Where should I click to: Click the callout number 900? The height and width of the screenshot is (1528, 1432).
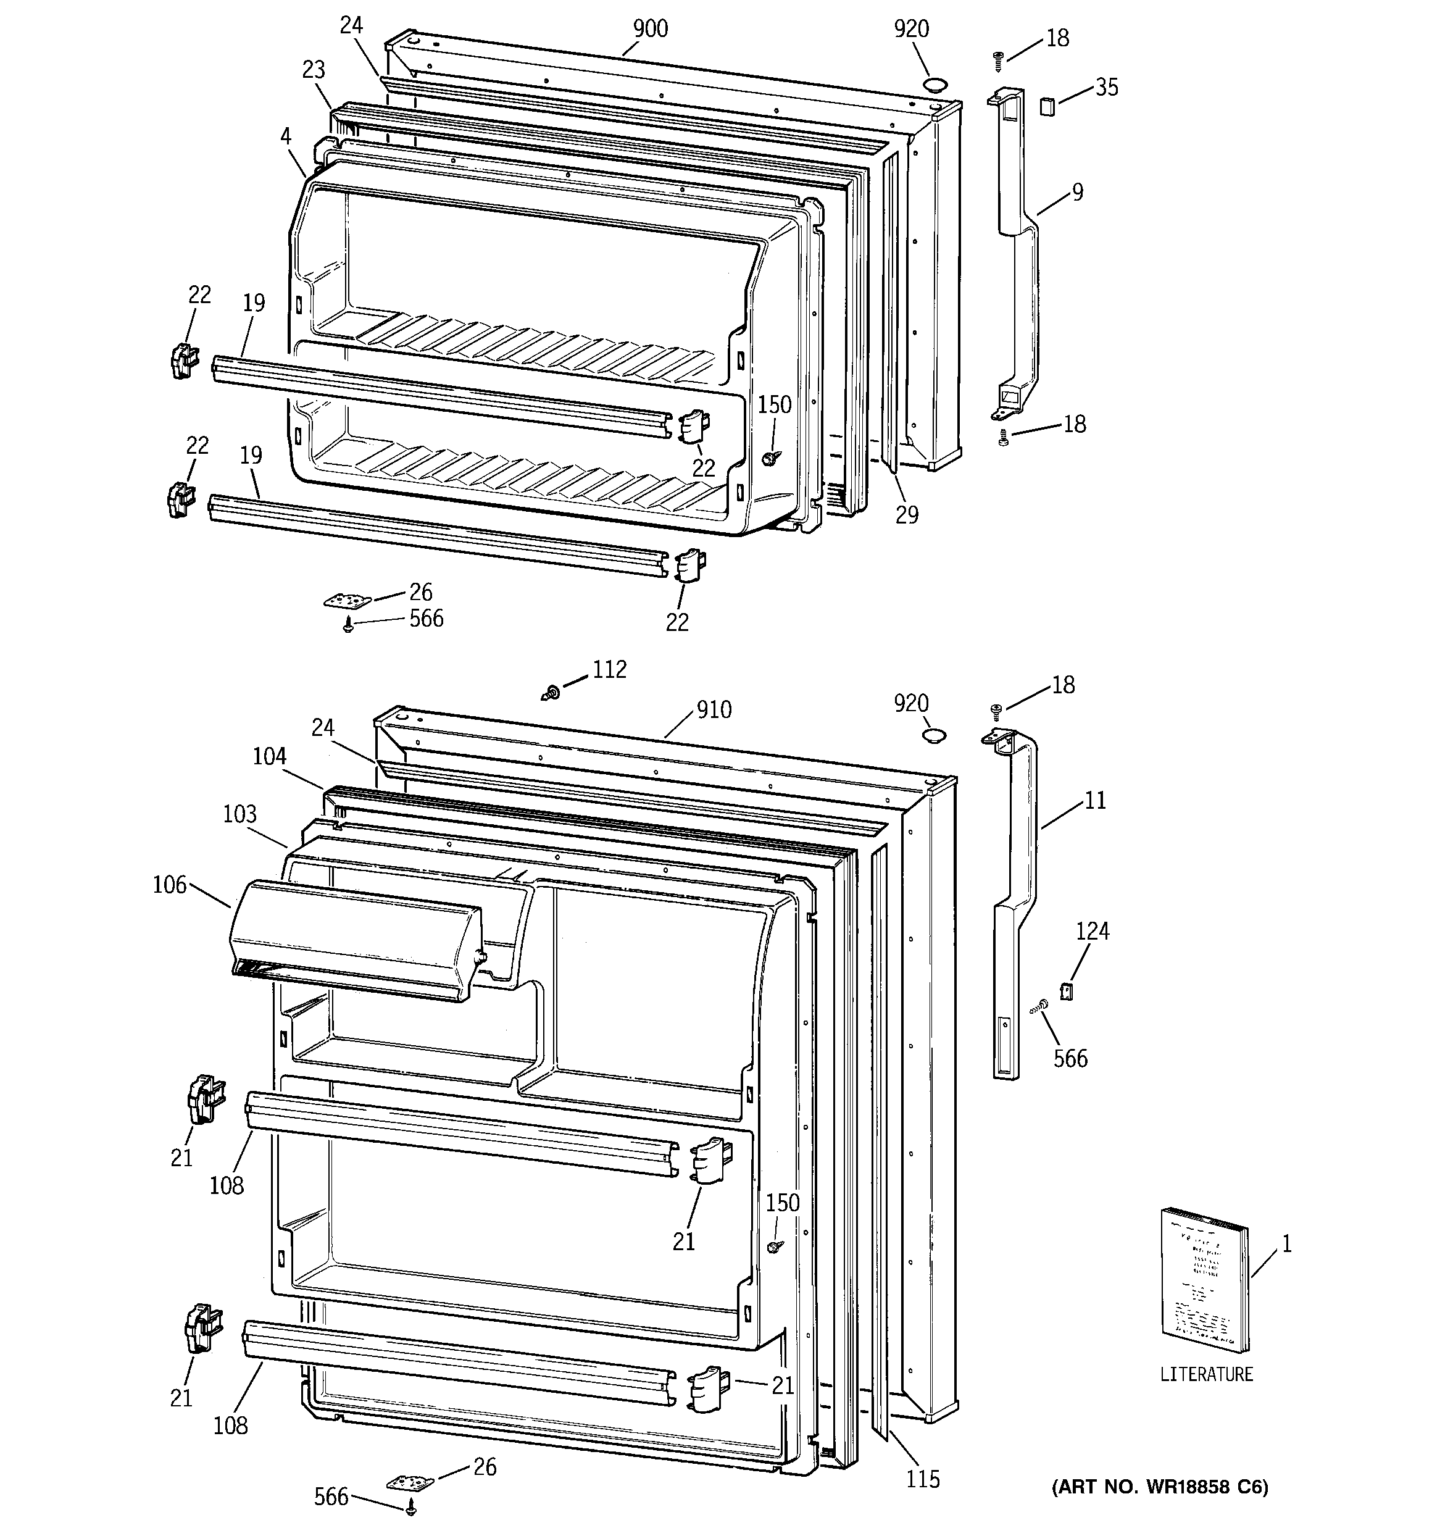click(651, 29)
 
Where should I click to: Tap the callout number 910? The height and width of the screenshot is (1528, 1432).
click(714, 709)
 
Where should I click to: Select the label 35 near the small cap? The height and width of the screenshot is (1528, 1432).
click(1106, 88)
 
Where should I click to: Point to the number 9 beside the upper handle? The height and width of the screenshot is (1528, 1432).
click(1078, 191)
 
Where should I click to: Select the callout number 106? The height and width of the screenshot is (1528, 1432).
click(169, 885)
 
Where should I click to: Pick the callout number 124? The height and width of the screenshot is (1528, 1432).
click(1093, 931)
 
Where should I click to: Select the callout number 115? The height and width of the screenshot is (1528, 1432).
click(922, 1479)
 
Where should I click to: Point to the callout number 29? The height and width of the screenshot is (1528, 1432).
click(907, 515)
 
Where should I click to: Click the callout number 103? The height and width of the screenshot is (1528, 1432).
click(240, 813)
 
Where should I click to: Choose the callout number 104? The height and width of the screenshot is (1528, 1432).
click(269, 756)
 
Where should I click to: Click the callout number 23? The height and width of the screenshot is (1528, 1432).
click(313, 70)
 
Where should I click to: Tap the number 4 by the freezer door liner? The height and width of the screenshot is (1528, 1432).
click(286, 137)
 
